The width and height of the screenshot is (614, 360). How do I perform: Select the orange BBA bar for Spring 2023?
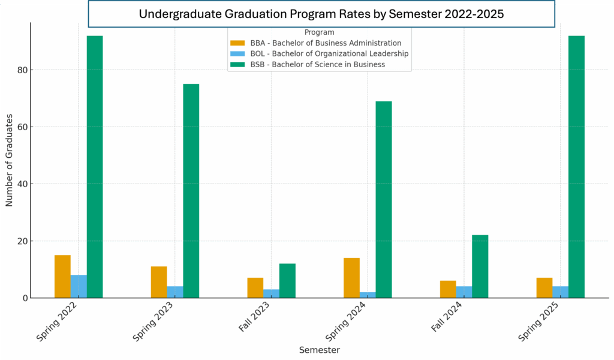[x=159, y=282]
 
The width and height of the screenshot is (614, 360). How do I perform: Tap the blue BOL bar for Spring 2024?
[x=368, y=295]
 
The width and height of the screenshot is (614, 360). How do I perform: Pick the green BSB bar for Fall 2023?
[x=287, y=281]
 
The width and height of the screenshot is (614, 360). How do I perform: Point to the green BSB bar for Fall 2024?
[x=480, y=266]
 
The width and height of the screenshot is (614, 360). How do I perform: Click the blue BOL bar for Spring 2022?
[x=79, y=286]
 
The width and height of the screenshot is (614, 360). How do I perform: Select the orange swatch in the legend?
[x=238, y=43]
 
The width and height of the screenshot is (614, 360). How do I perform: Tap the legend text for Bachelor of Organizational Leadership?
[x=329, y=53]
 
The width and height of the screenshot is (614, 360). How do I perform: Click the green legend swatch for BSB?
[x=238, y=64]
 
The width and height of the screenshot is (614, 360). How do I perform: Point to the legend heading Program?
[x=319, y=32]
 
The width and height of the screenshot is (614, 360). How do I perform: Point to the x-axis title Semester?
[x=320, y=350]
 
